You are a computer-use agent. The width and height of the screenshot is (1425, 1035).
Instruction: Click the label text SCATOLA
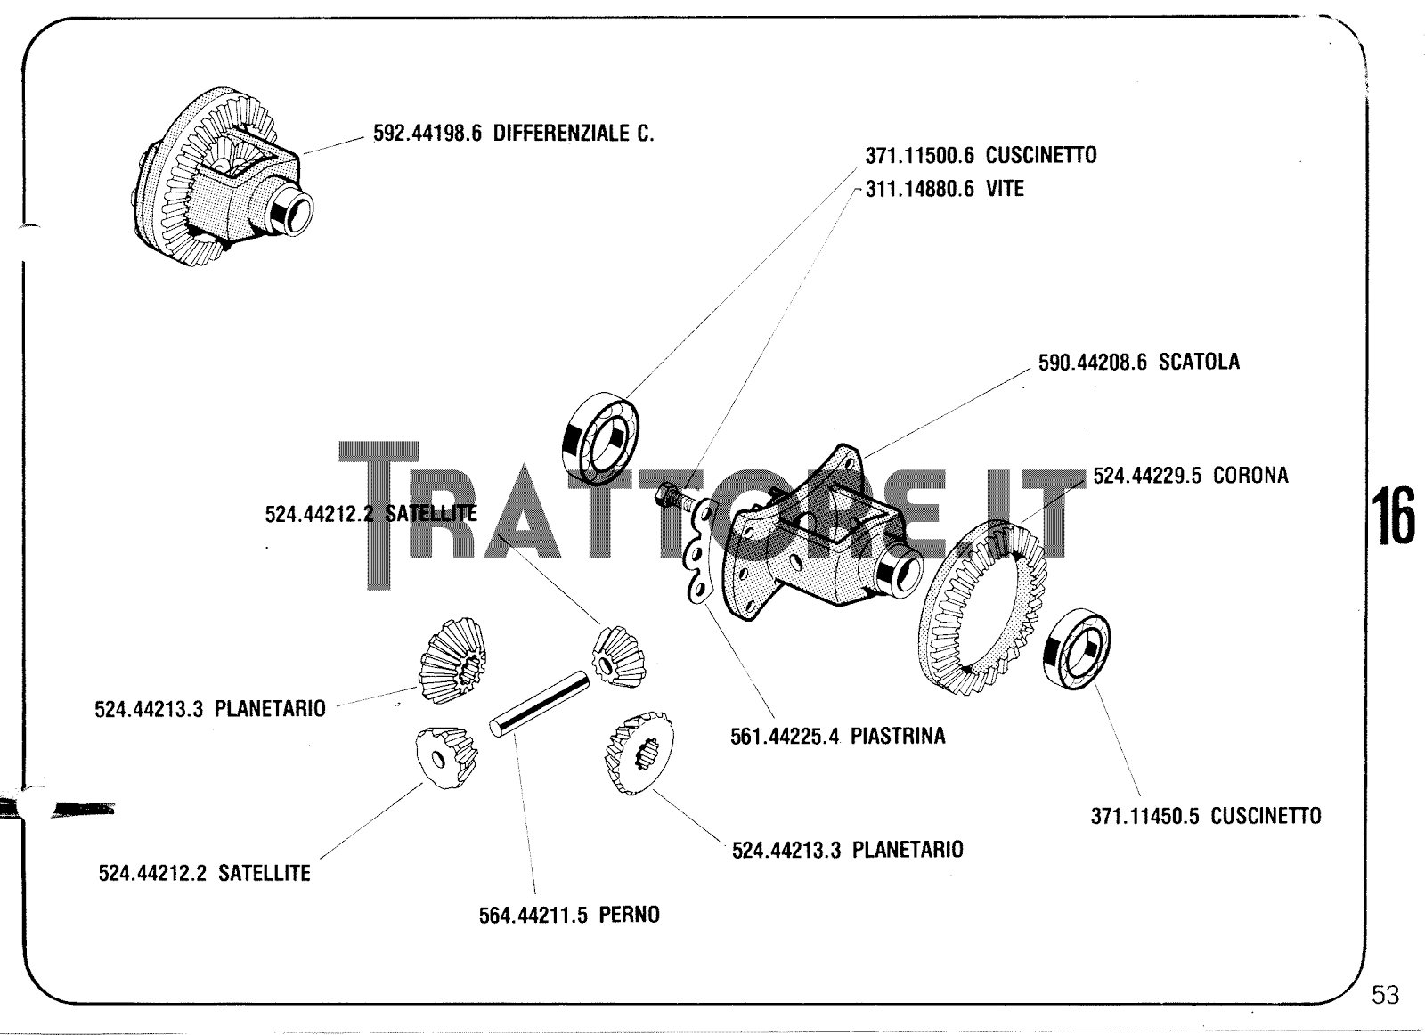(x=1199, y=363)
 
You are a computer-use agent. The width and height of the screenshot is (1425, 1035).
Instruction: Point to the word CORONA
(x=1250, y=476)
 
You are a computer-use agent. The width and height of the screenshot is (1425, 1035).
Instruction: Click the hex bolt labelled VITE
(x=673, y=494)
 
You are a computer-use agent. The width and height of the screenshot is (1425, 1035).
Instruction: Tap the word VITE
(x=1005, y=189)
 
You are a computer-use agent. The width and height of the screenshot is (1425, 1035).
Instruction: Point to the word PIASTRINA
(x=898, y=737)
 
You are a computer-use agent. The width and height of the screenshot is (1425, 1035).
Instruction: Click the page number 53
(x=1385, y=995)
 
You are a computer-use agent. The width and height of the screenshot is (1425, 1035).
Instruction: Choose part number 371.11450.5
(x=1145, y=816)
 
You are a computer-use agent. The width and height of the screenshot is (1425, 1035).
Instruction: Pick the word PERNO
(x=629, y=915)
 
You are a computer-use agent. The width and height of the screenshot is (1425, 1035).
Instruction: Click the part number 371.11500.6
(x=920, y=155)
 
